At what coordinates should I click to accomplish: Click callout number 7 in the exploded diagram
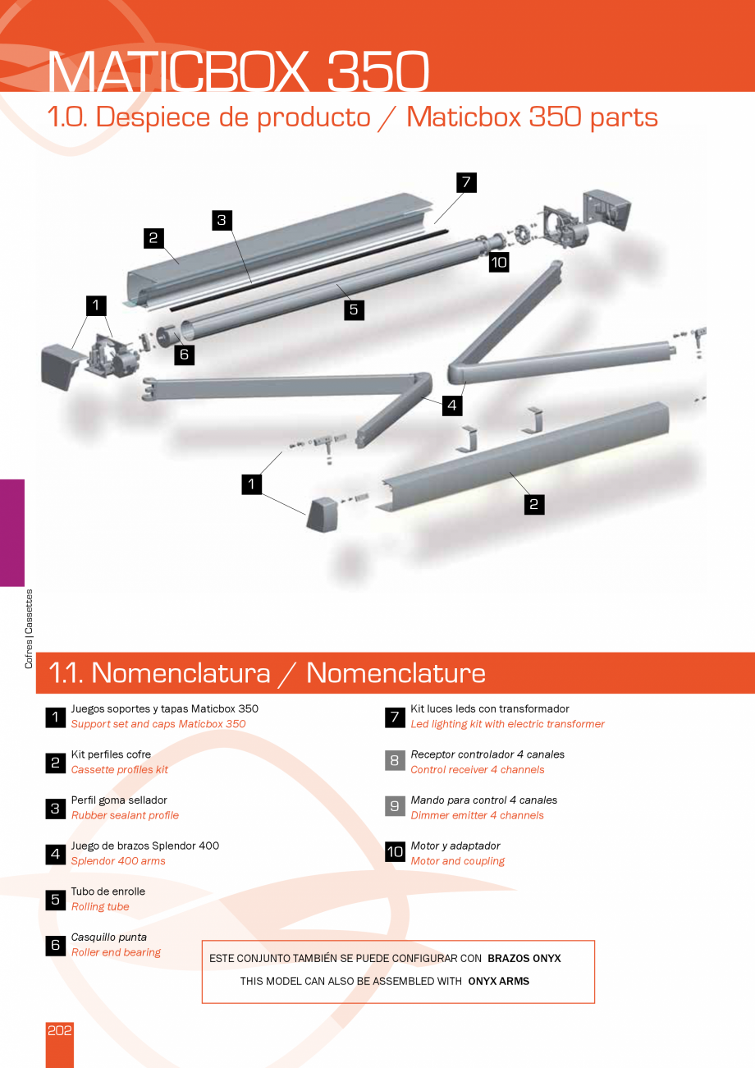pyautogui.click(x=465, y=182)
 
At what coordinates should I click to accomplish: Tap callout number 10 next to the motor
pyautogui.click(x=499, y=263)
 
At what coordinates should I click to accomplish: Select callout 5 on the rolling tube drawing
pyautogui.click(x=354, y=309)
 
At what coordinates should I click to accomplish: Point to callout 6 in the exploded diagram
pyautogui.click(x=184, y=355)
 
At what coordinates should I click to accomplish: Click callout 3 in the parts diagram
pyautogui.click(x=221, y=220)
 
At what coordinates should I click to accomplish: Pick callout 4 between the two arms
pyautogui.click(x=451, y=405)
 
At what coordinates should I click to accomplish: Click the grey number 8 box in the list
pyautogui.click(x=395, y=761)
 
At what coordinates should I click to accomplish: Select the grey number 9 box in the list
pyautogui.click(x=395, y=807)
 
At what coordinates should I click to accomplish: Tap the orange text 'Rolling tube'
pyautogui.click(x=100, y=907)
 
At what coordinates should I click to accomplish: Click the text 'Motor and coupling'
pyautogui.click(x=457, y=861)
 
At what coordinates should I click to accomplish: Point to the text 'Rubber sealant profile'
pyautogui.click(x=125, y=815)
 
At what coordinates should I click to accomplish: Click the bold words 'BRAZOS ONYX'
pyautogui.click(x=524, y=958)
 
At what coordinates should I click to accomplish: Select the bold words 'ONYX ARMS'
pyautogui.click(x=499, y=981)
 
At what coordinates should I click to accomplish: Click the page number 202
pyautogui.click(x=60, y=1031)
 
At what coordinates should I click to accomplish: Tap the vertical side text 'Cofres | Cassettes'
pyautogui.click(x=29, y=629)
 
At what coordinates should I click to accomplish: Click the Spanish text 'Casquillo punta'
pyautogui.click(x=109, y=937)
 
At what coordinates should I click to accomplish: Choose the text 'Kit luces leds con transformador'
pyautogui.click(x=490, y=708)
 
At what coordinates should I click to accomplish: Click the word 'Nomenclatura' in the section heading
pyautogui.click(x=181, y=673)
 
